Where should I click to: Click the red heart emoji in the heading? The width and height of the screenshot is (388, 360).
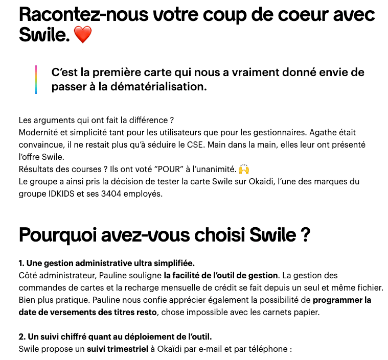[x=82, y=35]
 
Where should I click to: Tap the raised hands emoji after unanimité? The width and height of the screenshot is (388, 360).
[x=244, y=169]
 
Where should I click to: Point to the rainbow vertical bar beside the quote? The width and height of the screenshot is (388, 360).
[x=36, y=80]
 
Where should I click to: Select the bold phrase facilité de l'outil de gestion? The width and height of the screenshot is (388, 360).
[x=221, y=276]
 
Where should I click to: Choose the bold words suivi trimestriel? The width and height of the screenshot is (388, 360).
[x=117, y=350]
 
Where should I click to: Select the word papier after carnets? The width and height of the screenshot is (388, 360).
[x=305, y=313]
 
